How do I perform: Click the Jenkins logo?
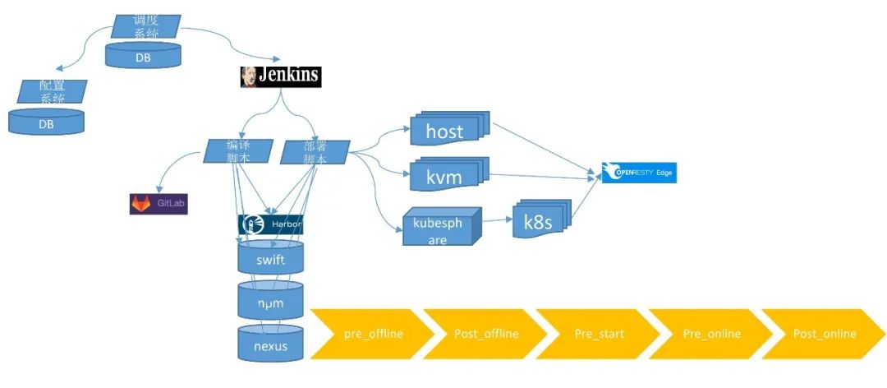point(280,76)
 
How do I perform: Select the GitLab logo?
point(159,203)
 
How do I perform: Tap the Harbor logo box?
point(270,224)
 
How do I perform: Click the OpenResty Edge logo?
point(639,173)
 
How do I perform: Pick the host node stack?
point(446,130)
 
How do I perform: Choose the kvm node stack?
point(446,176)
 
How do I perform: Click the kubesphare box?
point(439,229)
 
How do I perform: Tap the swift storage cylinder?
point(271,259)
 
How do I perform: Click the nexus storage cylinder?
point(271,345)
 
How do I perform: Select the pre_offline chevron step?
point(370,334)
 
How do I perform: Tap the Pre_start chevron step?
point(597,334)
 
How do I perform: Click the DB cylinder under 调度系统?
point(143,57)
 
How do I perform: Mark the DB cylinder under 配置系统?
point(46,123)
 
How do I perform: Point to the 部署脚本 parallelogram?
point(315,152)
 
